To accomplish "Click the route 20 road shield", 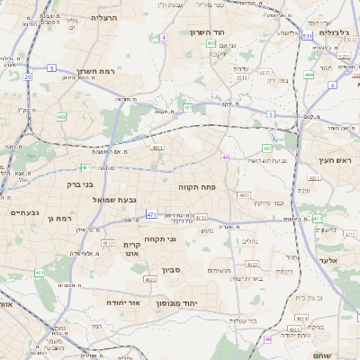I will [28, 77].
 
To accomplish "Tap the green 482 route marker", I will [61, 116].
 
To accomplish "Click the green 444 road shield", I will [308, 74].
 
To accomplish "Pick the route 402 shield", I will [211, 42].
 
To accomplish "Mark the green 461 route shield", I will [38, 272].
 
